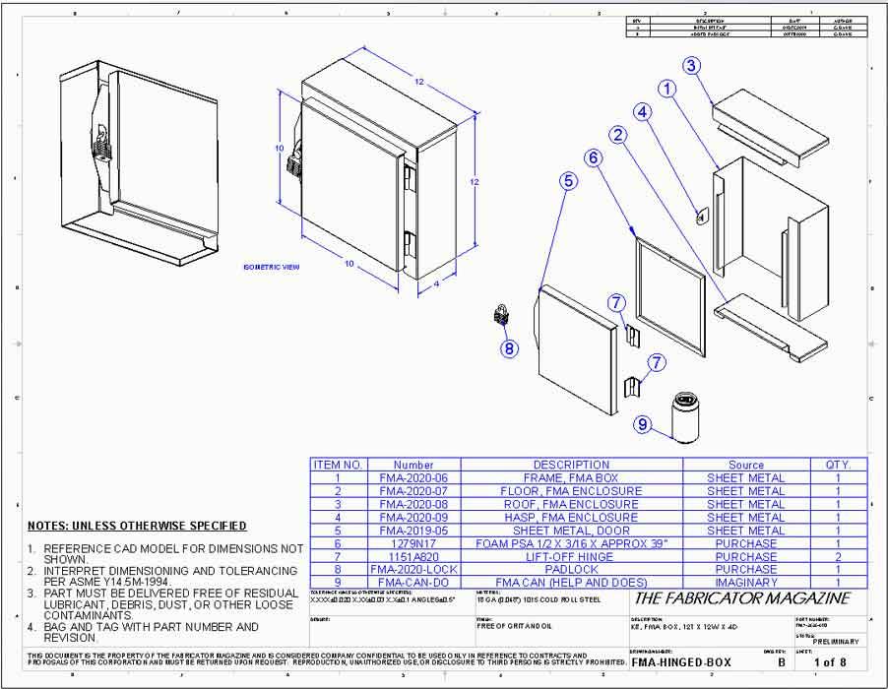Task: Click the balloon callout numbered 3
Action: coord(692,66)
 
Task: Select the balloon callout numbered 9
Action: coord(643,424)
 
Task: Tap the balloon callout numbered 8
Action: coord(509,347)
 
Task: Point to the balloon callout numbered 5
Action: coord(568,180)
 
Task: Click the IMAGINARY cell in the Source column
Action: coord(745,583)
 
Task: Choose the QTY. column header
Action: coord(838,465)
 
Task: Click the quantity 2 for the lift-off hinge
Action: coord(838,556)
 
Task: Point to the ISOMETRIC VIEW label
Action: coord(272,267)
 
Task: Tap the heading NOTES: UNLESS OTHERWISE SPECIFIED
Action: coord(137,526)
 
